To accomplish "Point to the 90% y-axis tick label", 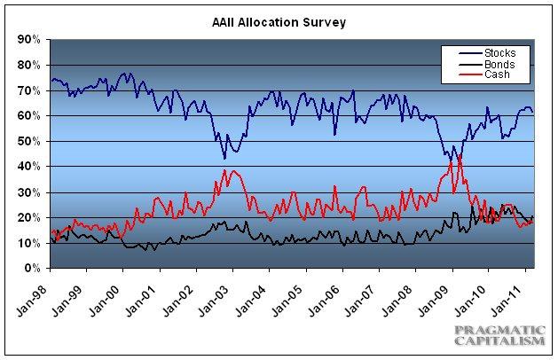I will tap(29, 40).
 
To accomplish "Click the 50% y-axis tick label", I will tap(29, 141).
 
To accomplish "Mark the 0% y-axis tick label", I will tap(33, 268).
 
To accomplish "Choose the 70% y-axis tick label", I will tap(29, 90).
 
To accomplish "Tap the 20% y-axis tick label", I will tap(29, 217).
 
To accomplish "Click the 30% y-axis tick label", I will tap(29, 192).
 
